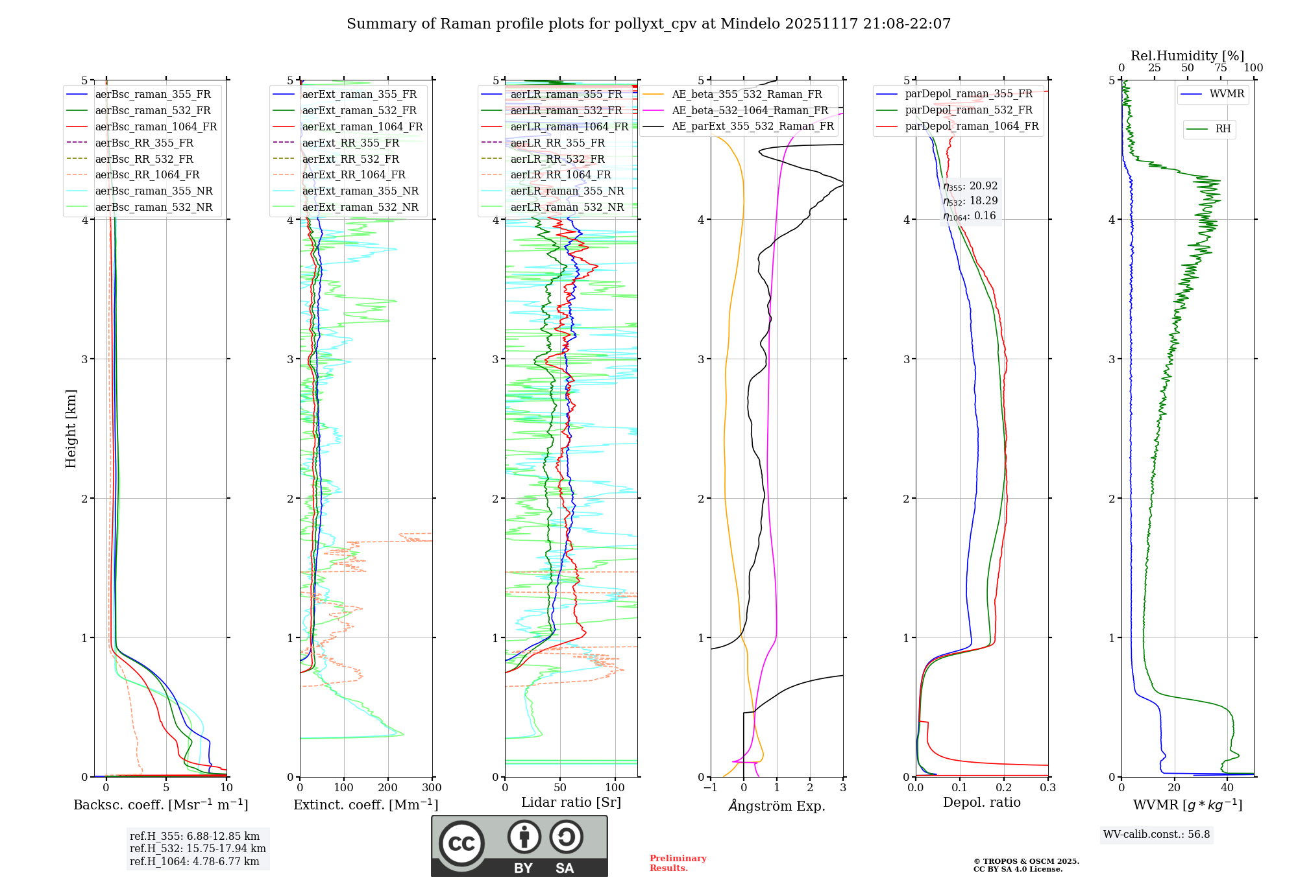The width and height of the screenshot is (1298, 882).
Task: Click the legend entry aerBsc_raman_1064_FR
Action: click(156, 127)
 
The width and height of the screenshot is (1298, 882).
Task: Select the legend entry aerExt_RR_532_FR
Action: click(350, 160)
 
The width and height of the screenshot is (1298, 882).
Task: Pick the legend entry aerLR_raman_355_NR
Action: click(567, 191)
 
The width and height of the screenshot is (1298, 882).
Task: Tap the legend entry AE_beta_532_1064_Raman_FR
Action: click(750, 111)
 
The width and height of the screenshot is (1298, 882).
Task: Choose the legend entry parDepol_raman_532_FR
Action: click(968, 110)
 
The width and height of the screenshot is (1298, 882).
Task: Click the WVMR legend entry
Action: click(1227, 95)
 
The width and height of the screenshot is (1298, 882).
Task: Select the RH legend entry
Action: click(1223, 129)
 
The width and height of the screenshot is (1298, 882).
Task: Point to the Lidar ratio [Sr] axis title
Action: click(571, 802)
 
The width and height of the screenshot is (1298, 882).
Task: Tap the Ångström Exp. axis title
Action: click(777, 806)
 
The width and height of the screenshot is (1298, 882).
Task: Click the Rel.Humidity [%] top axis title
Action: click(1187, 56)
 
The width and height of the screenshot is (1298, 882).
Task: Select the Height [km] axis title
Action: click(71, 429)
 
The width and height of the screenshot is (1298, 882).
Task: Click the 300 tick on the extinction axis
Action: click(432, 788)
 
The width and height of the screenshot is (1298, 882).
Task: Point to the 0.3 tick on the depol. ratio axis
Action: click(1047, 788)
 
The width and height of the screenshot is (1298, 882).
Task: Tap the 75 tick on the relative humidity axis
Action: click(1220, 68)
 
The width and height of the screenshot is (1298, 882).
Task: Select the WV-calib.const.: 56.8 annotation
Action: click(1157, 835)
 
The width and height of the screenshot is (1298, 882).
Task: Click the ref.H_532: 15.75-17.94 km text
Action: click(197, 849)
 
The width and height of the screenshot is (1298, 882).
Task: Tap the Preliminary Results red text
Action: click(678, 863)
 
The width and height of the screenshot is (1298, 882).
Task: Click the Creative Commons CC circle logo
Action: click(461, 844)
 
